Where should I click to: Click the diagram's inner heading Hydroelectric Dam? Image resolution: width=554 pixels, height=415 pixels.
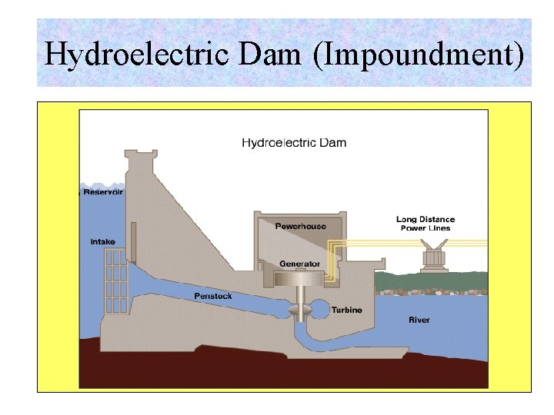(294, 142)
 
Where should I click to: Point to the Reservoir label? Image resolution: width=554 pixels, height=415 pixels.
(103, 192)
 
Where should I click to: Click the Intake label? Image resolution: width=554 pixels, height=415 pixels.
(102, 242)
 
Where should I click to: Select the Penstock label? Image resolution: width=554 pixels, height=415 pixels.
(212, 296)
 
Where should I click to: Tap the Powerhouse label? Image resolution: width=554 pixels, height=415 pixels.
(300, 226)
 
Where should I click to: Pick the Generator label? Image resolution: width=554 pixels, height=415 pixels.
(300, 264)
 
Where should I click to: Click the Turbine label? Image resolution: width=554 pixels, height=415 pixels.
(346, 310)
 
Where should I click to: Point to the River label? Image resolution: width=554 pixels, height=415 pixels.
(419, 320)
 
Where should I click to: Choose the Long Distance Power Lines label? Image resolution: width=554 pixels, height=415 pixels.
(426, 224)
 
